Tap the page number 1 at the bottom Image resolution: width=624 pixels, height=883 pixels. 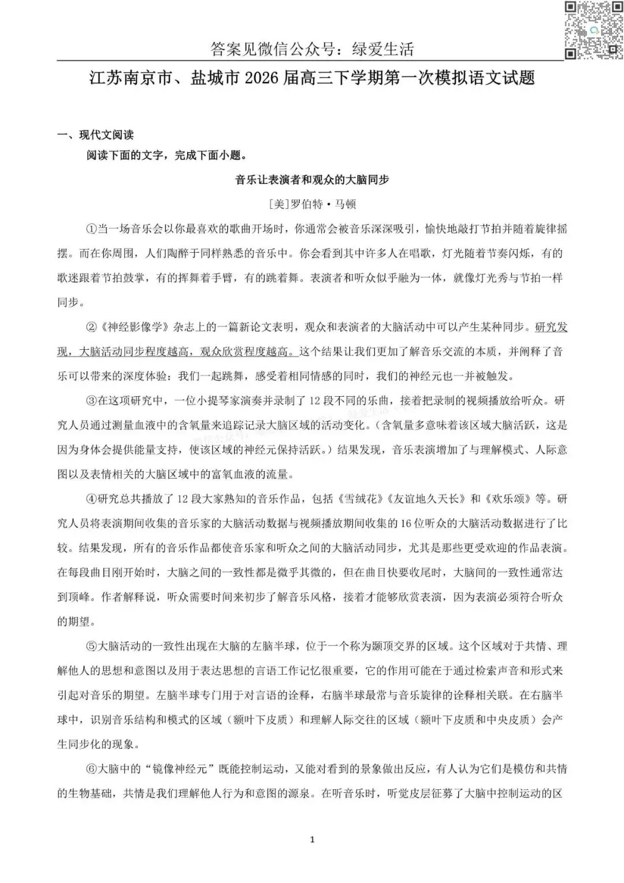(312, 840)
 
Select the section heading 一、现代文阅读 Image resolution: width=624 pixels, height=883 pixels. (95, 135)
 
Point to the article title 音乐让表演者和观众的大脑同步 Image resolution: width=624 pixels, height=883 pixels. (312, 180)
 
